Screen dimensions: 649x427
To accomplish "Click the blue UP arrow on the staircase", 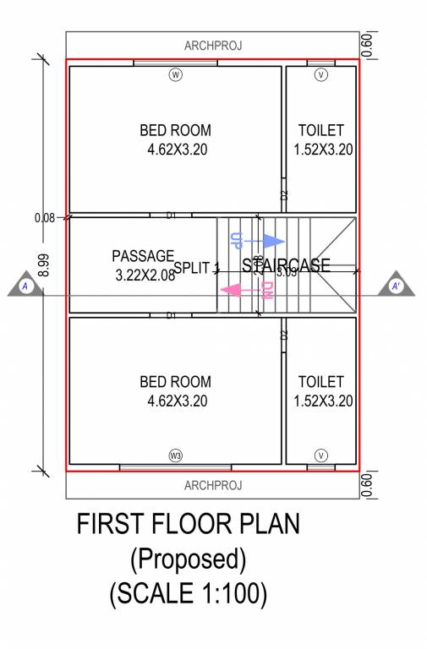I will coord(271,241).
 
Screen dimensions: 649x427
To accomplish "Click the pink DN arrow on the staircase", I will coord(236,290).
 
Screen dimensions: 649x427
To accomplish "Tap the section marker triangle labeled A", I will coord(26,286).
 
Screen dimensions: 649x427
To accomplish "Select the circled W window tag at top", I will coord(176,75).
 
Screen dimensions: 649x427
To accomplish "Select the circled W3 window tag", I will coord(176,455).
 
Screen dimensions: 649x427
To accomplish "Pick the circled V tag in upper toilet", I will coord(320,75).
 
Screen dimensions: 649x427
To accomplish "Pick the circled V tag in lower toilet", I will coord(320,455).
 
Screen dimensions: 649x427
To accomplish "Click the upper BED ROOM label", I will coord(175,130).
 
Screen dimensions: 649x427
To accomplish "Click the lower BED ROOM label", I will coord(175,382).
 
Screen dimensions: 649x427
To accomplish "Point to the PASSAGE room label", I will coord(142,255).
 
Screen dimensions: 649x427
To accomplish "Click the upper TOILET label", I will coord(320,130).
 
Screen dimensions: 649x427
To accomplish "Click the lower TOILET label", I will coord(320,382).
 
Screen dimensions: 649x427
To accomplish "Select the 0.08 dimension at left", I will coord(45,217).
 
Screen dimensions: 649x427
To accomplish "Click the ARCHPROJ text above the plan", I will coord(213,46).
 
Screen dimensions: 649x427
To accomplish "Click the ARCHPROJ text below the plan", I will coord(213,485).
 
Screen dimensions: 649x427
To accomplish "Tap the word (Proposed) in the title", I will coord(188,559).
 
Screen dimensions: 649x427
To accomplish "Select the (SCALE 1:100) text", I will coord(188,592).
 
